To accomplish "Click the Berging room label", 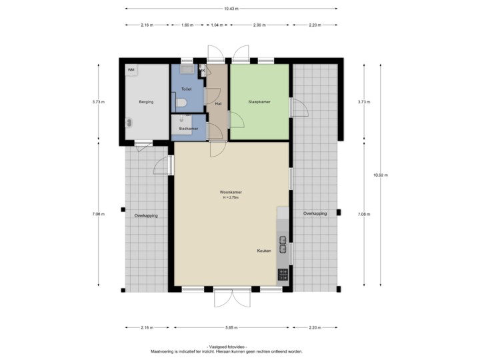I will (x=146, y=102).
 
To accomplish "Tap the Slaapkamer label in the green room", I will (x=259, y=102).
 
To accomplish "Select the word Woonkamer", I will (x=231, y=193).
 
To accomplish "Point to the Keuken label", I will (x=264, y=251).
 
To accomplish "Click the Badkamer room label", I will (x=188, y=128).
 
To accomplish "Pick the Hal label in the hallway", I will (x=217, y=104).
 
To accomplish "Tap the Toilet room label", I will (x=187, y=88).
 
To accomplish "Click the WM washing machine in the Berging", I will (x=131, y=69).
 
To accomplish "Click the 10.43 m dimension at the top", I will (x=231, y=9).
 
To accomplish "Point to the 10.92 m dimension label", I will (x=381, y=175).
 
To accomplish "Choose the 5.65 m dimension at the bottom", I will (x=231, y=327).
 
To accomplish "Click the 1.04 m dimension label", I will (x=216, y=25).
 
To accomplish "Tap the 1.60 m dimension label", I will (x=187, y=25).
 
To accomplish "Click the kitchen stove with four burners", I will (x=283, y=273).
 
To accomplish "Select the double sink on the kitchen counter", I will (x=283, y=245).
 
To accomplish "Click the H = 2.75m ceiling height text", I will (x=231, y=198).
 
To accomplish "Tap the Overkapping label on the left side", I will (x=145, y=215).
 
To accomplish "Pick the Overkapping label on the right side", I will (x=315, y=213).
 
